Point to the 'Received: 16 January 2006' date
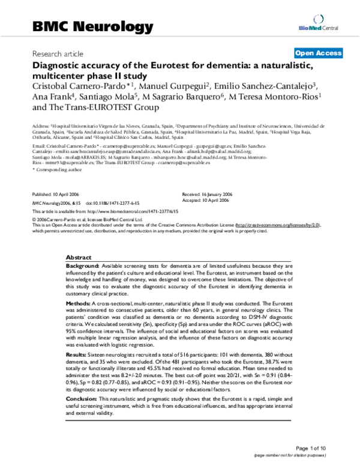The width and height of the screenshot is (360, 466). coord(208,195)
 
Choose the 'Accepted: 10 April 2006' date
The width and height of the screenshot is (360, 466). coord(206,201)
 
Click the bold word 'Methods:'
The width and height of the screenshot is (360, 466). coord(80,304)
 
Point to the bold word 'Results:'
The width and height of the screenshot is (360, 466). coord(78,356)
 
